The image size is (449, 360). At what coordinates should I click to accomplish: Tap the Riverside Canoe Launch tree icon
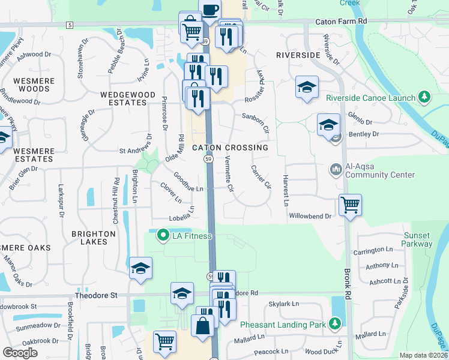pyautogui.click(x=424, y=97)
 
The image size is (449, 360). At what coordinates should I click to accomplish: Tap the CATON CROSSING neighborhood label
pyautogui.click(x=230, y=148)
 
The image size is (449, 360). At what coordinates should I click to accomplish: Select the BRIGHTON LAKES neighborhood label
pyautogui.click(x=93, y=238)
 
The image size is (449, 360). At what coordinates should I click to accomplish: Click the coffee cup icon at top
pyautogui.click(x=209, y=10)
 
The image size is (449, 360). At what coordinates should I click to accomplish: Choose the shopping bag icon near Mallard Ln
pyautogui.click(x=203, y=325)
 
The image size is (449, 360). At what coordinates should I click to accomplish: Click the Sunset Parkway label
pyautogui.click(x=418, y=239)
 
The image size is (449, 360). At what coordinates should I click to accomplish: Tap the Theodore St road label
pyautogui.click(x=98, y=295)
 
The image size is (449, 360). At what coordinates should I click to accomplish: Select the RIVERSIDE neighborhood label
pyautogui.click(x=298, y=55)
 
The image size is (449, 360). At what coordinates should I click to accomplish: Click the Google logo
pyautogui.click(x=20, y=353)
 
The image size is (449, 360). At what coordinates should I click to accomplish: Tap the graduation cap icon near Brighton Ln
pyautogui.click(x=140, y=268)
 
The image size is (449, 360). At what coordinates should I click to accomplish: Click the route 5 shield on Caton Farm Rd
pyautogui.click(x=70, y=25)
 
